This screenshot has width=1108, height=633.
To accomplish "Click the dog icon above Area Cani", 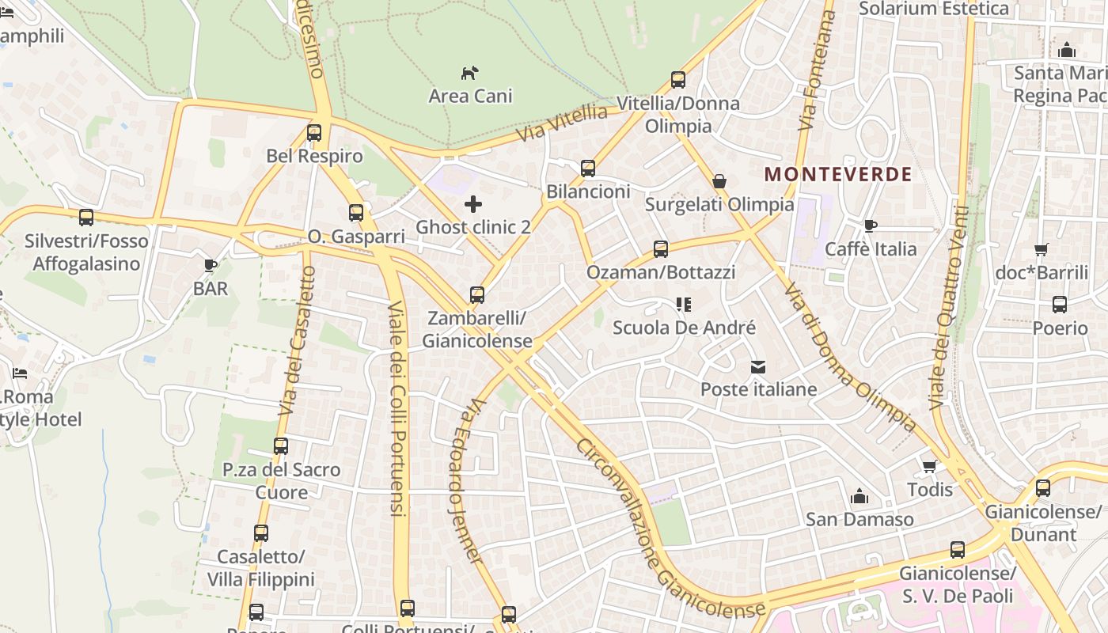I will tap(469, 73).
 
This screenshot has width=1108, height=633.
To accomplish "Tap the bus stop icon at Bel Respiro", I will tap(314, 132).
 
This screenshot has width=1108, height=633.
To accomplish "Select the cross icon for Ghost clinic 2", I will tap(473, 204).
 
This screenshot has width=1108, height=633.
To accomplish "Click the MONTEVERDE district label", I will tap(838, 174).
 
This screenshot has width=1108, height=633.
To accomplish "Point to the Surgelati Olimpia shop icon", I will tap(719, 181).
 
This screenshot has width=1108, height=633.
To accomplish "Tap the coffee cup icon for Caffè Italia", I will tap(871, 226).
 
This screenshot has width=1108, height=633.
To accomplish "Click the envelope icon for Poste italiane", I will tap(758, 366).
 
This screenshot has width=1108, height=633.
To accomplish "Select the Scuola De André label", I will tap(684, 327).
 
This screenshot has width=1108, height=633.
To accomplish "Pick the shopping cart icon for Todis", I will tap(930, 466).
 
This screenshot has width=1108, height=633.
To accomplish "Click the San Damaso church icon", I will tap(859, 496).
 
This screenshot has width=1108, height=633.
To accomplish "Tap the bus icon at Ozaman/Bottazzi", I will tap(661, 249).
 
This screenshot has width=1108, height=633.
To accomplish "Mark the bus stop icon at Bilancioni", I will tap(588, 168).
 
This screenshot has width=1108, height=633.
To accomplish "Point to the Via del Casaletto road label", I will tap(298, 340).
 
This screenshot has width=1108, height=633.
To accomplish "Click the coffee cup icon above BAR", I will tap(210, 265).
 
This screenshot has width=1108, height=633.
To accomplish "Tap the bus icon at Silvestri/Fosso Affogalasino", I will tap(86, 217).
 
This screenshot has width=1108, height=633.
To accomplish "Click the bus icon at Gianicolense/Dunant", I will tap(1043, 487).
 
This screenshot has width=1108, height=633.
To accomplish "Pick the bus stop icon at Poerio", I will tap(1060, 304).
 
